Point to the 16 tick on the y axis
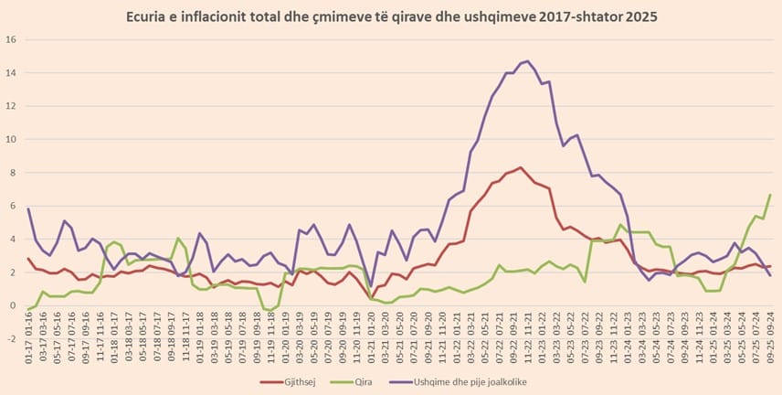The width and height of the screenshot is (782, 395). click(11, 39)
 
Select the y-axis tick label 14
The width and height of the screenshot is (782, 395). click(11, 73)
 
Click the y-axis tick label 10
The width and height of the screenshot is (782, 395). click(11, 140)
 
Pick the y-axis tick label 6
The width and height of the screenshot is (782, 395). click(13, 206)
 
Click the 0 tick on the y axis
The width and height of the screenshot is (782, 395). click(13, 305)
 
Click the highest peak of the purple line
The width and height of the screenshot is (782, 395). click(528, 61)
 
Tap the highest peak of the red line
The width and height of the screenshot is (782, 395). click(520, 167)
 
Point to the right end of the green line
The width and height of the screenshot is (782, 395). click(770, 194)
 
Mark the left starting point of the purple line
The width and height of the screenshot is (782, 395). click(28, 208)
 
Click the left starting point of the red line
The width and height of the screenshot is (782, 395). click(28, 259)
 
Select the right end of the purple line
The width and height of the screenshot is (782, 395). click(770, 275)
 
